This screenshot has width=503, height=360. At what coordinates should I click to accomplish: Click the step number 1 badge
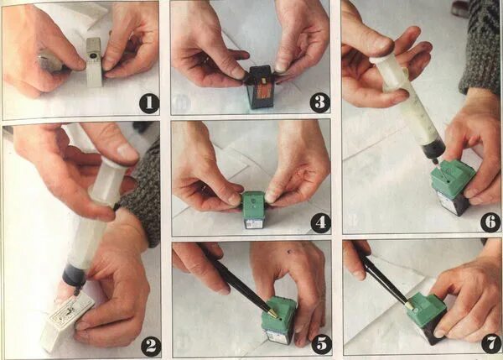pos(149,103)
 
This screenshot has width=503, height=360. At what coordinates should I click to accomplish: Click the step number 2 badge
pos(151,347)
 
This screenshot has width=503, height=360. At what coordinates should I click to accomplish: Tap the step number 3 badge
pos(320,102)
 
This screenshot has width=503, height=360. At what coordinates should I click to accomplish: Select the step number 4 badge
pos(321,222)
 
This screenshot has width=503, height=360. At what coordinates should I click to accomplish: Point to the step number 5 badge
pos(322,344)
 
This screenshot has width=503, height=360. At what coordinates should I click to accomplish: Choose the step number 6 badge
pos(490,222)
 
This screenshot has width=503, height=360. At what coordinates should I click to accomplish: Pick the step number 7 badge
pos(491,344)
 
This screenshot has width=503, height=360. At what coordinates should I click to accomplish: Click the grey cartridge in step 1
pos(94,62)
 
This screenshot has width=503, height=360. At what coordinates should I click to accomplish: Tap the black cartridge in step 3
pos(260,86)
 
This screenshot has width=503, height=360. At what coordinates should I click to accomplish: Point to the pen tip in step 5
pos(273,314)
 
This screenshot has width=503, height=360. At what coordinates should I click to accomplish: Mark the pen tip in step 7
pos(410,305)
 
